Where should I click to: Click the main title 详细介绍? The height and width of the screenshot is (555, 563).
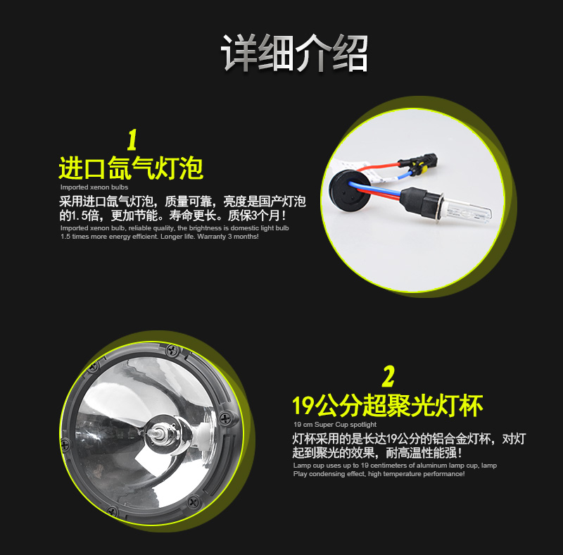coord(294,54)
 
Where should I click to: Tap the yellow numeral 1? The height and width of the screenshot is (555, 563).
coord(132,140)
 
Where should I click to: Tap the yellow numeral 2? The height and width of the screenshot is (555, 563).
coord(388,376)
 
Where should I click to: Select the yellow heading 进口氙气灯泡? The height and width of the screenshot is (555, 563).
coord(131,168)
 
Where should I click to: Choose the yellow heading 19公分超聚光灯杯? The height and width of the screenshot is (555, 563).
coord(388,406)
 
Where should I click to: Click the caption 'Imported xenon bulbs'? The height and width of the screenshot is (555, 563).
coord(94,187)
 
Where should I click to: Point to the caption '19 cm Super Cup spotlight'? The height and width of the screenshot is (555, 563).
coord(335,425)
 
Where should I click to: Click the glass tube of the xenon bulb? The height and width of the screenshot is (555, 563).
coord(467,211)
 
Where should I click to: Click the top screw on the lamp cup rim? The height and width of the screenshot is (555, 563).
coord(172,350)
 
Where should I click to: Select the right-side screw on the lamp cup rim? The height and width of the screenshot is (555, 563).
coord(225,418)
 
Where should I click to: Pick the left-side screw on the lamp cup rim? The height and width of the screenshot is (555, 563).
coord(65,444)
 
